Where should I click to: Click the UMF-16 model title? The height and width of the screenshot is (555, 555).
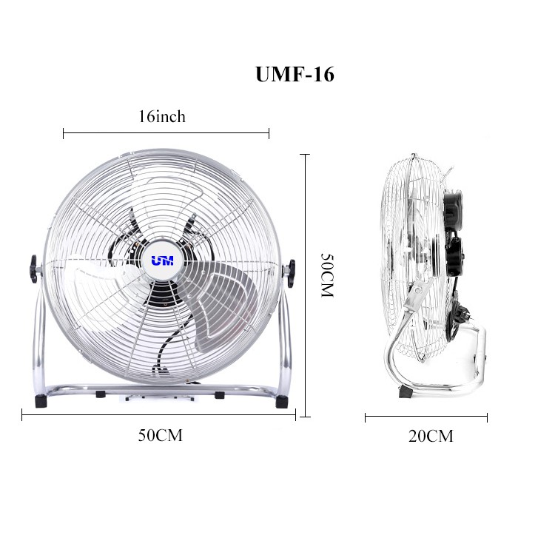pos(295,74)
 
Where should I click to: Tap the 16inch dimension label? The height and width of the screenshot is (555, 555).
pos(162,116)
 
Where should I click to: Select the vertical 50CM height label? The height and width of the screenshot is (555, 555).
pos(327,275)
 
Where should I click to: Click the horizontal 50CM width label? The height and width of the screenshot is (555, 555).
pos(160,435)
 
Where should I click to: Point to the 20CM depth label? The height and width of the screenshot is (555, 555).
pos(431,436)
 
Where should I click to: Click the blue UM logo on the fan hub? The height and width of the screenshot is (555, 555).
pos(163,261)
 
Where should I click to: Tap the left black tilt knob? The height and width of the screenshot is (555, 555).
pos(33,269)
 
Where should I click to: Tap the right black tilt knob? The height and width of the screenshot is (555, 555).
pos(291,273)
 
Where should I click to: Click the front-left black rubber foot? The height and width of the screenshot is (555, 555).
pos(40,401)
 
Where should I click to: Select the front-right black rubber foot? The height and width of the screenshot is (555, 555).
pos(282,402)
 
